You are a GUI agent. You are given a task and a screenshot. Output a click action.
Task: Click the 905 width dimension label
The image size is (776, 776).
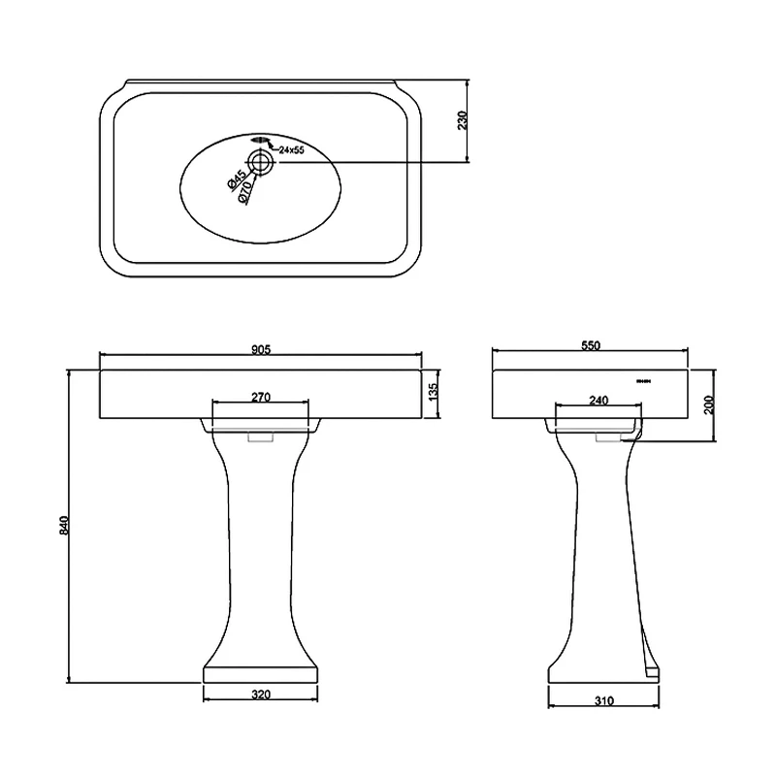pos(260,348)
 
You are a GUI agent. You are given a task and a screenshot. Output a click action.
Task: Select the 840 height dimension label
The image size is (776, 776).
pos(65,524)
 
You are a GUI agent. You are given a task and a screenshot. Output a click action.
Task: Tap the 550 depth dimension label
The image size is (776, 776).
pos(591,344)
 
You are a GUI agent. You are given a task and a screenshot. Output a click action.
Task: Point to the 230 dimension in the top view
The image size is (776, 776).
pos(463,120)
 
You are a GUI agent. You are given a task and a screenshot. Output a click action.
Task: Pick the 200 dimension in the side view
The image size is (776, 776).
pos(709,404)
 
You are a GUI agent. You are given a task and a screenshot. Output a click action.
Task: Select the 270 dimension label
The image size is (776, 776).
pos(260,397)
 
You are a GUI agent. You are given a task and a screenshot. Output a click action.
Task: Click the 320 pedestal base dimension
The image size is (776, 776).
pos(260,694)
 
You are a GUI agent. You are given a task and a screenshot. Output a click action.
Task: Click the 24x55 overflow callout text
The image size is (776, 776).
pos(291,150)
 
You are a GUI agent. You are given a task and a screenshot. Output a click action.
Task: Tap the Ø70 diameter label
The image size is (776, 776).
pos(246,192)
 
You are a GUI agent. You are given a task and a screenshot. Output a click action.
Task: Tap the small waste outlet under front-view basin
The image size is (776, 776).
pos(260,438)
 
